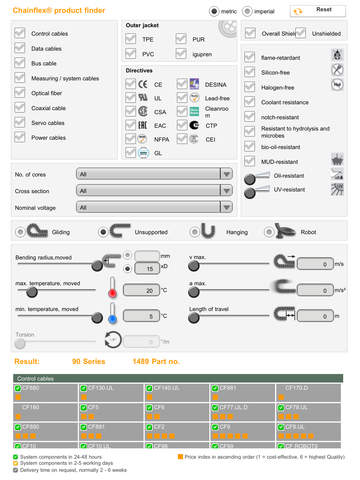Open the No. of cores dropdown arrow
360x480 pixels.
[227, 173]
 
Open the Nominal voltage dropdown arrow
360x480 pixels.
[227, 207]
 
